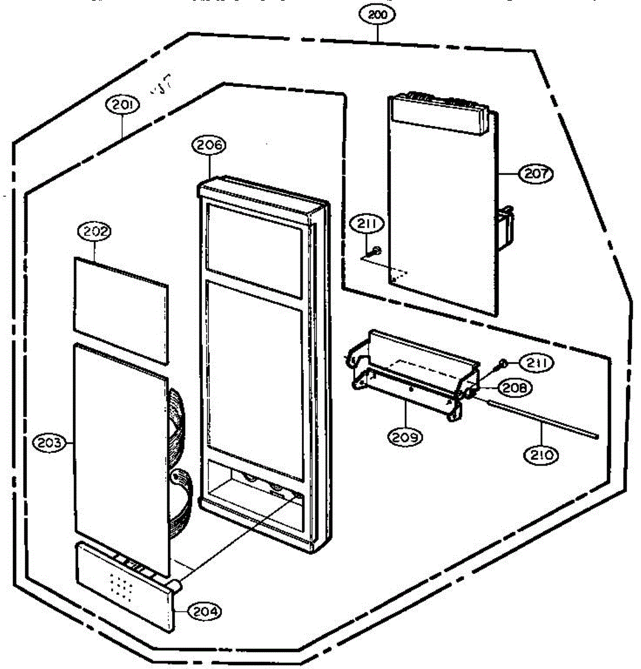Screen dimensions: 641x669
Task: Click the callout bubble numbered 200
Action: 378,15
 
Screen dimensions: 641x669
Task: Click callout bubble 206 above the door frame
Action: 209,146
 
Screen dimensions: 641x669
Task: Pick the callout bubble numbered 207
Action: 536,173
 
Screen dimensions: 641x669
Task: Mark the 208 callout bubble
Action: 514,387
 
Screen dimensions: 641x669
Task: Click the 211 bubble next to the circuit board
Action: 367,225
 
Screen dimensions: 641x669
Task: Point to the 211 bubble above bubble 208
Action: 536,363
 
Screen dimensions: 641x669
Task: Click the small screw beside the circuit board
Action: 377,250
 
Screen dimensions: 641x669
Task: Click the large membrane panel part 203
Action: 120,457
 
